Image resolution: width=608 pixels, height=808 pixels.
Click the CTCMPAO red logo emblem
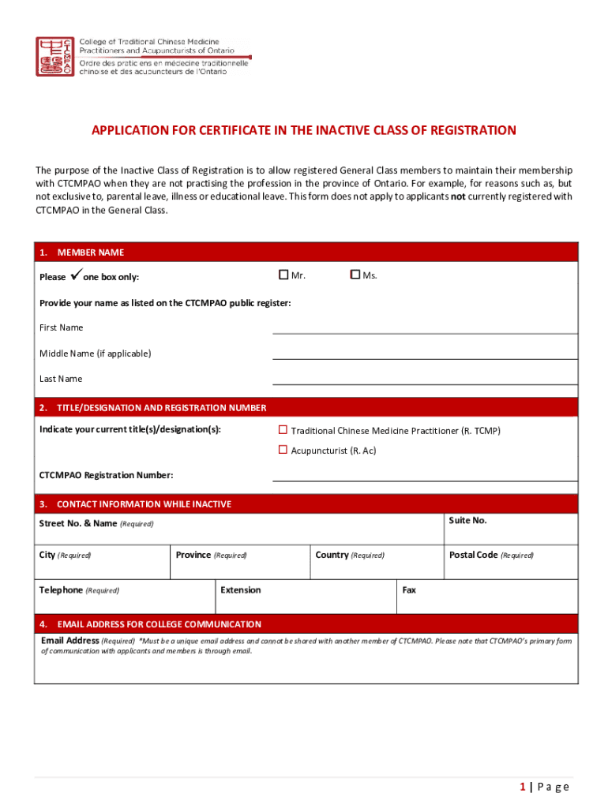[x=55, y=56]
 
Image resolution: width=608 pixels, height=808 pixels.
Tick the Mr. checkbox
[x=283, y=275]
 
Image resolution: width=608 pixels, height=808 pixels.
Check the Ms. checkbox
[x=355, y=275]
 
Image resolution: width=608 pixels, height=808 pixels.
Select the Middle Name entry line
[x=425, y=357]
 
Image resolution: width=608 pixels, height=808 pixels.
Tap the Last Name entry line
[x=425, y=383]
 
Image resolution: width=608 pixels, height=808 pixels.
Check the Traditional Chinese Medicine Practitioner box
[x=283, y=430]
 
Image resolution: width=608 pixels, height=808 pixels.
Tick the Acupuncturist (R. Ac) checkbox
[x=283, y=450]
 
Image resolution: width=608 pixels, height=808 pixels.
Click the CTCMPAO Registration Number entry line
[x=425, y=479]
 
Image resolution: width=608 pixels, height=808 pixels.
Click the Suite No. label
[x=467, y=521]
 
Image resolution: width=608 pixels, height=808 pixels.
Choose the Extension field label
[x=240, y=590]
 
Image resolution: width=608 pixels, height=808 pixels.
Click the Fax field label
[x=409, y=590]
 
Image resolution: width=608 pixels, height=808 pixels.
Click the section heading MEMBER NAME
[x=90, y=252]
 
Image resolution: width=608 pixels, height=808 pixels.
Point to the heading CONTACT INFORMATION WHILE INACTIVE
[x=144, y=504]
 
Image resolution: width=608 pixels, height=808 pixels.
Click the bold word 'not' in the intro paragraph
[x=457, y=196]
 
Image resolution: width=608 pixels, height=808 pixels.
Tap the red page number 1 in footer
[x=523, y=787]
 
